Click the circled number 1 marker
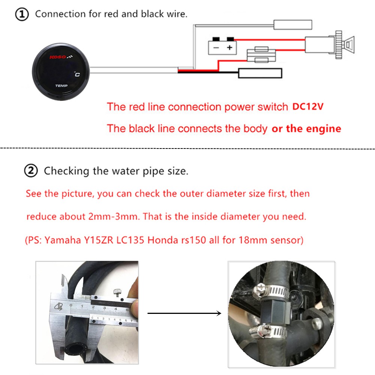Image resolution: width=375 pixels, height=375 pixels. [21, 15]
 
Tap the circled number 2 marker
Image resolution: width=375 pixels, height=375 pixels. [31, 171]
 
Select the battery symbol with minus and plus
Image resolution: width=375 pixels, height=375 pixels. [222, 47]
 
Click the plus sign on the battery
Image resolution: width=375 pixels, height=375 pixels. [229, 48]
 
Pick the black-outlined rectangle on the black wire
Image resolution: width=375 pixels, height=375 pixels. [260, 73]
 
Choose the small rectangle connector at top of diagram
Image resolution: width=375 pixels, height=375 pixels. [292, 25]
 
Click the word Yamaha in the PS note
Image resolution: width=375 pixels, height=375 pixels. [61, 240]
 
